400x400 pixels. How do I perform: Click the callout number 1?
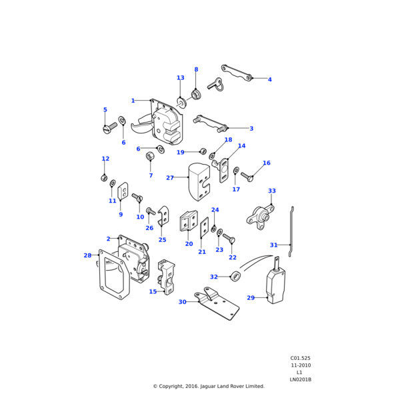tap(133, 101)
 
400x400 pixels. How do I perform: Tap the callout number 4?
tap(269, 80)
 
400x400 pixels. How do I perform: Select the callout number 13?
tap(180, 78)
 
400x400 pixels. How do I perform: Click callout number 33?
tap(271, 191)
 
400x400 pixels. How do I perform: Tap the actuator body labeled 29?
tap(275, 289)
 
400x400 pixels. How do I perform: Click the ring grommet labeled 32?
tap(235, 276)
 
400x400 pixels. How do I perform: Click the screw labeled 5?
tap(110, 127)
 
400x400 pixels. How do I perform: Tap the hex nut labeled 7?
tap(150, 157)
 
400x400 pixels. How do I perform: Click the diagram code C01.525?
tap(300, 358)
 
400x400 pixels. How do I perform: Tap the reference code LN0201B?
tap(300, 379)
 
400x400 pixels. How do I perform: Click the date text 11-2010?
tap(300, 365)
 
